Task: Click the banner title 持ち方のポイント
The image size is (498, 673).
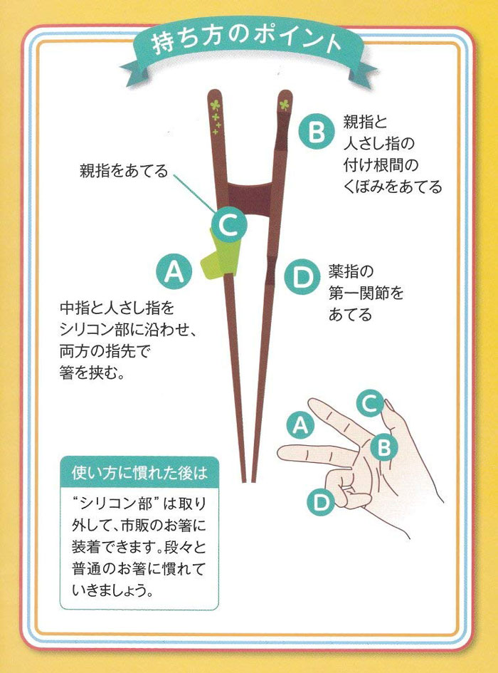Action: tap(246, 43)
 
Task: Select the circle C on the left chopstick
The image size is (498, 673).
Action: tap(229, 226)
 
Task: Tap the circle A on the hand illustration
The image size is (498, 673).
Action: tap(300, 426)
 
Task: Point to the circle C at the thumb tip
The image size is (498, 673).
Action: tap(369, 403)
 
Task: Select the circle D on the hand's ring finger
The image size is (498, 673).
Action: tap(322, 503)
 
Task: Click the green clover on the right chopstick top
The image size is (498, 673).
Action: tap(284, 105)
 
